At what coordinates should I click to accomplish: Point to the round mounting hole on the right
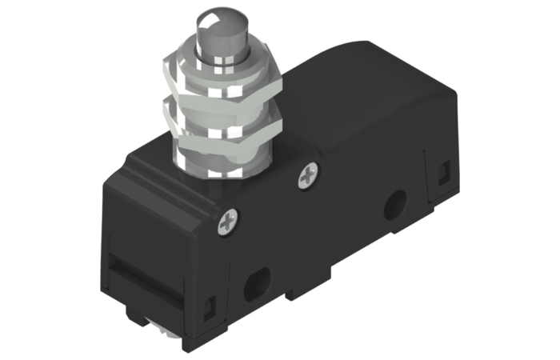click(x=393, y=207)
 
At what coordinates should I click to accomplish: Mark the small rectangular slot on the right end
click(x=443, y=170)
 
